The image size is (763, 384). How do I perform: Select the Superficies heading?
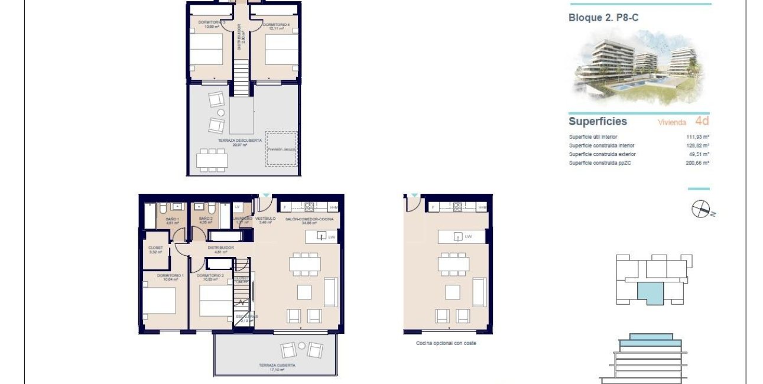(x=598, y=122)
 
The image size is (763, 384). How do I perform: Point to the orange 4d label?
(x=702, y=122)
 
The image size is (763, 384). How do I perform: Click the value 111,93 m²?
(x=697, y=136)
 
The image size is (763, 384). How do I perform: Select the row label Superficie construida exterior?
(x=603, y=154)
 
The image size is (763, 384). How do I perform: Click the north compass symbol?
(x=700, y=209)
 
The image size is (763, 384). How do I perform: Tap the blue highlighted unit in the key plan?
(x=652, y=292)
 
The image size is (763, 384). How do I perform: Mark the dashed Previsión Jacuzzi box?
(x=281, y=148)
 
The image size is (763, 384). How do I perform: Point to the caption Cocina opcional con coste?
(x=447, y=343)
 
